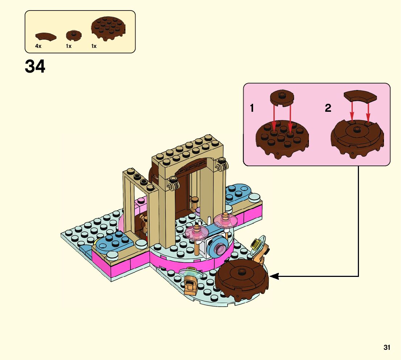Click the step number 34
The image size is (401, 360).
35,67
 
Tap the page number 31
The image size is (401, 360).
387,348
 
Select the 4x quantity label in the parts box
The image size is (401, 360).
38,46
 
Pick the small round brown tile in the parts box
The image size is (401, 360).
74,35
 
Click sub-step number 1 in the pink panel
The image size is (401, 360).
252,108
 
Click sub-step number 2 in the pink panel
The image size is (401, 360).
328,108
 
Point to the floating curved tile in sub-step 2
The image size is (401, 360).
360,96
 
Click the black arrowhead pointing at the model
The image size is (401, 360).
274,277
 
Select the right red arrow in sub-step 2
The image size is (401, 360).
368,112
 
